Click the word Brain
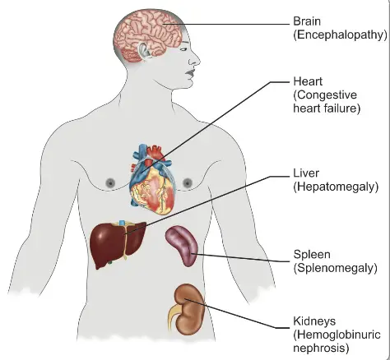click(307, 21)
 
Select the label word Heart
click(308, 81)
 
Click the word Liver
click(306, 173)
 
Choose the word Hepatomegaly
click(336, 187)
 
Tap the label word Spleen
click(312, 255)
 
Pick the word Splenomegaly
click(336, 268)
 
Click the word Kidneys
click(314, 321)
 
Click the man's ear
click(145, 50)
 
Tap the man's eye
click(183, 49)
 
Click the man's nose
click(194, 59)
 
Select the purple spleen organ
click(182, 246)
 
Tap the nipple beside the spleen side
click(188, 182)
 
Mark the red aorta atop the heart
click(156, 152)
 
